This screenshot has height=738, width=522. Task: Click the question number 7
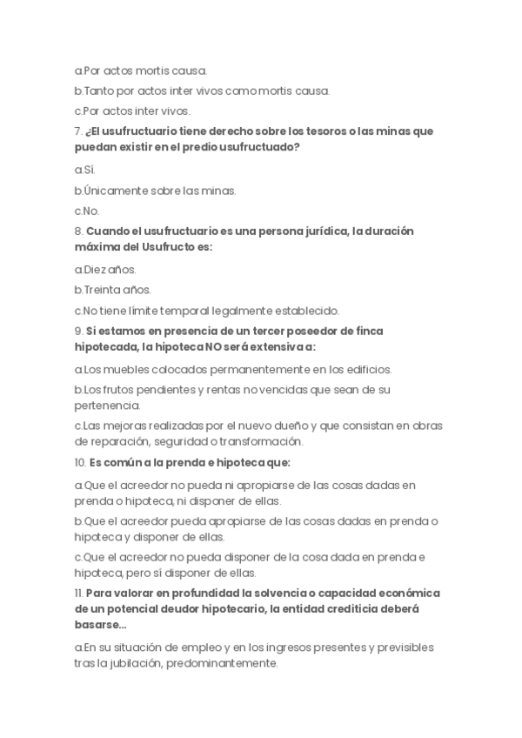[x=77, y=131]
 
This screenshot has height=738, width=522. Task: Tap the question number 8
[x=77, y=231]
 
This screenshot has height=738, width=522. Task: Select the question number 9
[x=77, y=332]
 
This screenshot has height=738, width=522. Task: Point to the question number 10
[x=79, y=462]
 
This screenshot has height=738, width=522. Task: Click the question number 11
[x=78, y=594]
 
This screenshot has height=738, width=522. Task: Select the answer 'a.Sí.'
[x=84, y=169]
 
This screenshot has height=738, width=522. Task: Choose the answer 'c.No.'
[x=87, y=211]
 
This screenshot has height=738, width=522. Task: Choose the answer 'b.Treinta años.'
[x=112, y=290]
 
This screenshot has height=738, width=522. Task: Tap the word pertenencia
[x=107, y=406]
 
